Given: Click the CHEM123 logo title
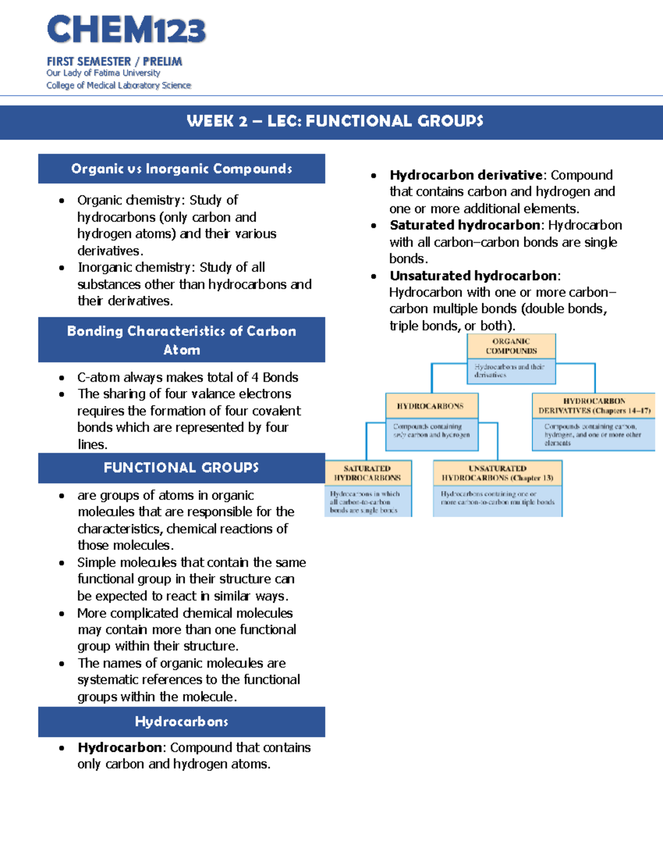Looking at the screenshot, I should click(x=126, y=30).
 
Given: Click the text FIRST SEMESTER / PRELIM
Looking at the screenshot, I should click(x=114, y=61).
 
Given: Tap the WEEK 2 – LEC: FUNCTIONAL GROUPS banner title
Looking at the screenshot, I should click(x=335, y=121).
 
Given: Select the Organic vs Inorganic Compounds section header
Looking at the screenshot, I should click(x=181, y=169).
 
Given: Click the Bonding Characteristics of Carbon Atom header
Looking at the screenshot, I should click(x=181, y=340).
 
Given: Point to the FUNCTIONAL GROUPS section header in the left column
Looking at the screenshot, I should click(x=181, y=468).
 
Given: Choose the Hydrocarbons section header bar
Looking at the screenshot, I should click(x=181, y=722).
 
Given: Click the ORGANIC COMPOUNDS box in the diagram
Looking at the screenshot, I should click(x=511, y=346).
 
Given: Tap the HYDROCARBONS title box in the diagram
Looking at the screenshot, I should click(x=430, y=406).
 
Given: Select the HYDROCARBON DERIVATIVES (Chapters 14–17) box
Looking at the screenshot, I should click(x=594, y=405).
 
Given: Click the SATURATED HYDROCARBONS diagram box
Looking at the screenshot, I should click(x=367, y=473).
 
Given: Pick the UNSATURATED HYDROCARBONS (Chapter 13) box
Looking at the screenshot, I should click(x=497, y=473).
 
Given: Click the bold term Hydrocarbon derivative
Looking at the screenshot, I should click(x=466, y=175).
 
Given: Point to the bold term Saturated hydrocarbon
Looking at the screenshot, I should click(x=465, y=225).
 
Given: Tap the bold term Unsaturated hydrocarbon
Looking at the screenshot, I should click(x=473, y=275).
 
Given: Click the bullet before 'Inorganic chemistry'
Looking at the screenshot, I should click(x=61, y=268).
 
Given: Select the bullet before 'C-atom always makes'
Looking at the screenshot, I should click(x=61, y=378).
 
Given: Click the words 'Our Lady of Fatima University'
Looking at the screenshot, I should click(x=103, y=73).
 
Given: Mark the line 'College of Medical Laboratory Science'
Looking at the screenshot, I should click(x=119, y=85).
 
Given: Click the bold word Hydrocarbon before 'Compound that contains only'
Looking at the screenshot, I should click(x=119, y=748).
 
